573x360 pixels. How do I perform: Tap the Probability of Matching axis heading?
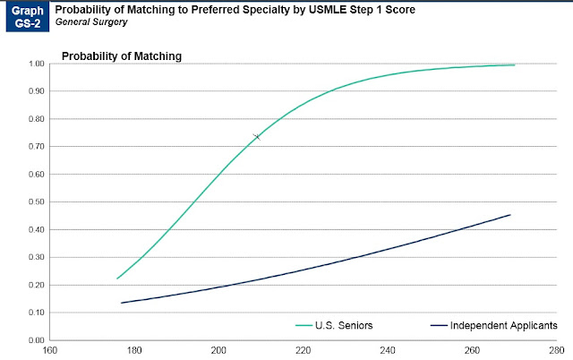point(121,56)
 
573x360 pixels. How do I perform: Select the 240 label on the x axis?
point(388,351)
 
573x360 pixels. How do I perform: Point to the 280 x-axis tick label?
point(556,351)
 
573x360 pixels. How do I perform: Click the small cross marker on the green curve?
point(257,136)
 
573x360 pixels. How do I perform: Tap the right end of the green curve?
point(514,64)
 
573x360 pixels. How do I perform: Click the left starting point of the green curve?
point(117,279)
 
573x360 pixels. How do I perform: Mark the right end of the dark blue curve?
point(510,215)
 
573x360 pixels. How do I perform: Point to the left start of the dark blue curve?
point(122,303)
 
